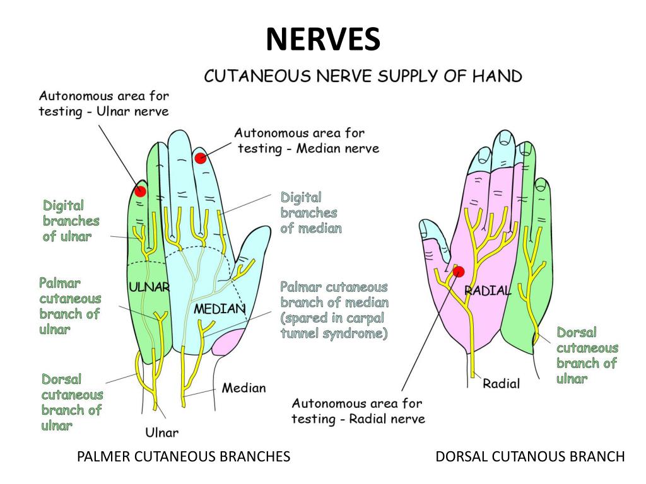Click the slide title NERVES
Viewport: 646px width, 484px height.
(x=323, y=40)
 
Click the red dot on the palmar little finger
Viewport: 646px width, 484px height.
(x=140, y=191)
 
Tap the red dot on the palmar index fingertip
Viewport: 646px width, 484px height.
(x=201, y=158)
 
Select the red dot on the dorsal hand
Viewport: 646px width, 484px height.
(x=459, y=272)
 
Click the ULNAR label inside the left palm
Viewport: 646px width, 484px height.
(x=150, y=287)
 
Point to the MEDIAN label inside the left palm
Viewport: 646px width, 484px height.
(x=220, y=309)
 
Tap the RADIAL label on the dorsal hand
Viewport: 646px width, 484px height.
(x=488, y=291)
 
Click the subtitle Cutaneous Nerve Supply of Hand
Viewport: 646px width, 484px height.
(x=363, y=77)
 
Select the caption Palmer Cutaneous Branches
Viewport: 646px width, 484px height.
(x=184, y=456)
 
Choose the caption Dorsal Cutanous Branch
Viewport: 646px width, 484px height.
(x=530, y=456)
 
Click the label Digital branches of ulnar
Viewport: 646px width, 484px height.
(x=71, y=221)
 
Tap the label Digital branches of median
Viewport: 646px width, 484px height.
(x=311, y=213)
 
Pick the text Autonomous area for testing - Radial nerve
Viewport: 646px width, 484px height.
(x=358, y=411)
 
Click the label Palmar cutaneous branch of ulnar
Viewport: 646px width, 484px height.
(x=70, y=306)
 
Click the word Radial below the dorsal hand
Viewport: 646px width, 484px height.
(x=501, y=383)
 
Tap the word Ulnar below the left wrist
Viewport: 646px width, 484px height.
(x=162, y=432)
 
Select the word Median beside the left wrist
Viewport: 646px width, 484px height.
(x=244, y=388)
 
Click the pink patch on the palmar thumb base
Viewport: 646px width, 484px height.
(x=228, y=342)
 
